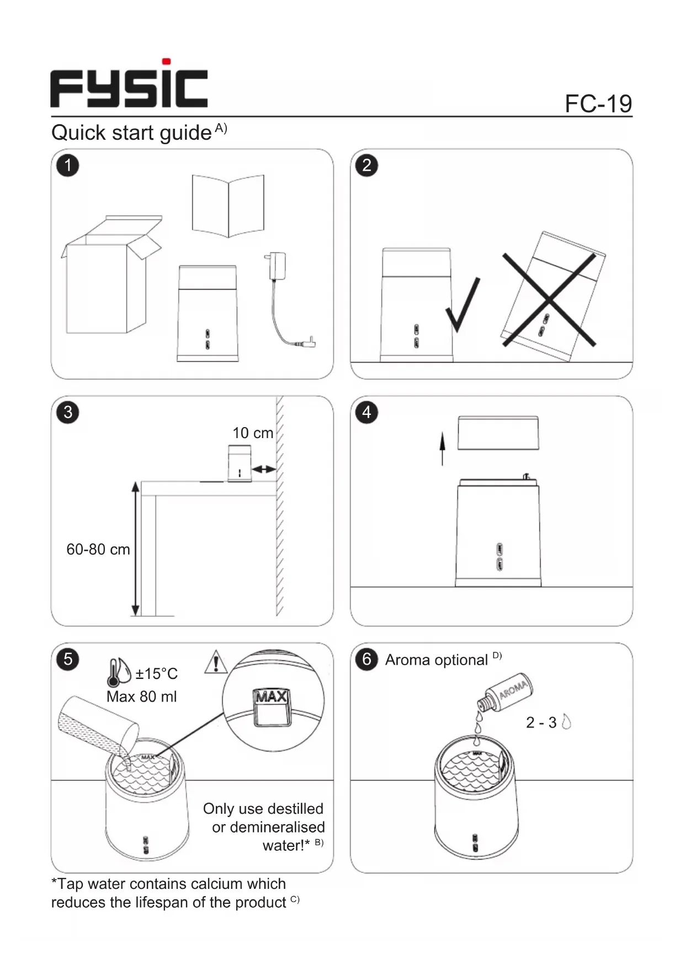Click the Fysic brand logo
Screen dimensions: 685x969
coord(129,85)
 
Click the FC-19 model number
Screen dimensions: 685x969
coord(598,103)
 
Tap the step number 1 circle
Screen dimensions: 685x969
coord(68,165)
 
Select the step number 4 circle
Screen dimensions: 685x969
coord(367,412)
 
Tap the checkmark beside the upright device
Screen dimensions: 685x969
coord(463,306)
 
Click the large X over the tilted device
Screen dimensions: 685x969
coord(549,299)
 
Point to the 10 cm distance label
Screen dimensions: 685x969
coord(253,433)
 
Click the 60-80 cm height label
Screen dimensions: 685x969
coord(98,550)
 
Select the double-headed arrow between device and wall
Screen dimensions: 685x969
coord(264,469)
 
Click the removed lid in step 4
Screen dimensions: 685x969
coord(498,433)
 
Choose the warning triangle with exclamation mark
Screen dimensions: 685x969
coord(216,662)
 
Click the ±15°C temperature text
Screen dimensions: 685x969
coord(157,674)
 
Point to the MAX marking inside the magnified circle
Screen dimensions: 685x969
coord(270,697)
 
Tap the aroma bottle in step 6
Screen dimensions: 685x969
coord(506,692)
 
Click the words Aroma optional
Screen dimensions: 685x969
coord(436,660)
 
